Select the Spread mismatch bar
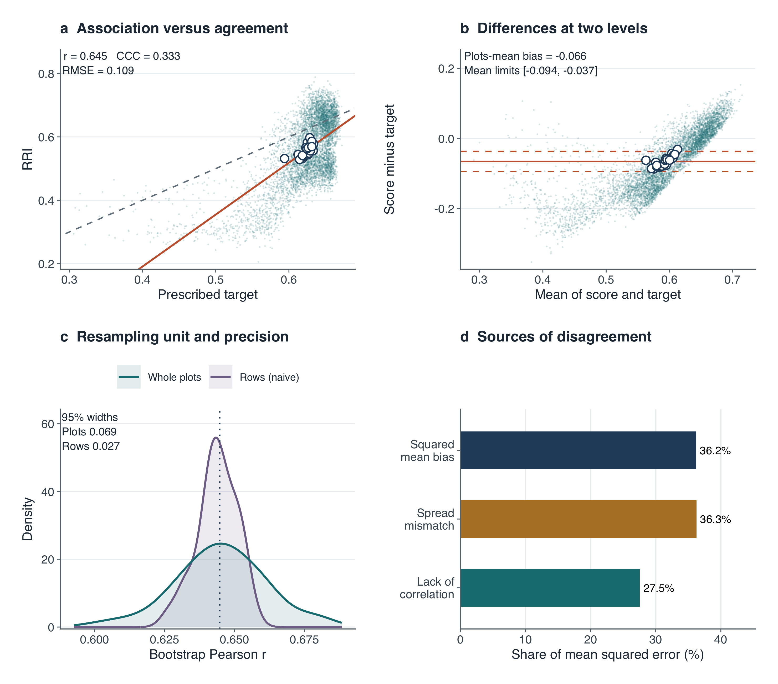(x=578, y=519)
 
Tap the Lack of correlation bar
(x=550, y=588)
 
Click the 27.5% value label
(x=658, y=588)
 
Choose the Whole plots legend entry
(x=159, y=377)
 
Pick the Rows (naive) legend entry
(x=254, y=377)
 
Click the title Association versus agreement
(x=182, y=29)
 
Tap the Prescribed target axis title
(x=208, y=295)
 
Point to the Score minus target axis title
(x=389, y=159)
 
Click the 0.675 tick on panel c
(x=304, y=640)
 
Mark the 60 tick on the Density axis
(x=48, y=424)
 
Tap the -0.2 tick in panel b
(x=444, y=209)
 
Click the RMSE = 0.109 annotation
(x=98, y=71)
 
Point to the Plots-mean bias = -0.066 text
(x=525, y=56)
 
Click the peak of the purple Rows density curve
(x=216, y=437)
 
